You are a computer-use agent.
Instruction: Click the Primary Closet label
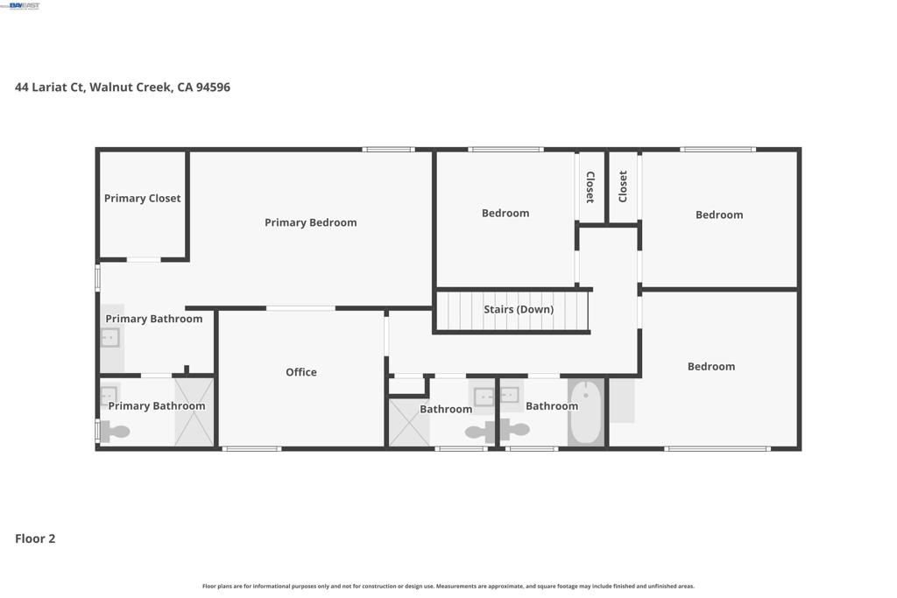pos(142,199)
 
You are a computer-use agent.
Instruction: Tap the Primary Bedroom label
pos(311,223)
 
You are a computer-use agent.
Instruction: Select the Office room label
pos(301,372)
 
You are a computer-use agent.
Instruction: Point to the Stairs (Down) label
pos(519,309)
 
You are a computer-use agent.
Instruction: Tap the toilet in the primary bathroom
pos(115,432)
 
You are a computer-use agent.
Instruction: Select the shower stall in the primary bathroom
pos(194,412)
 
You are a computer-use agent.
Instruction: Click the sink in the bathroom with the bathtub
pos(510,395)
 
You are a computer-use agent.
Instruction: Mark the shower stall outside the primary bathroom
pos(409,423)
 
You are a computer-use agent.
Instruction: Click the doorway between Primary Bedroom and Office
pos(300,309)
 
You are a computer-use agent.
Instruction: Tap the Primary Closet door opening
pos(144,259)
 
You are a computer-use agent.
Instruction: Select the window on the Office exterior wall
pos(251,449)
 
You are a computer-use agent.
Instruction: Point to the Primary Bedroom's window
pos(389,150)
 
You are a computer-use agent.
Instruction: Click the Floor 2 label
pos(35,538)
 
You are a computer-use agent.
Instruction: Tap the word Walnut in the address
pos(111,87)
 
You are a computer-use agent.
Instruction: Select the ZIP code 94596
pos(213,87)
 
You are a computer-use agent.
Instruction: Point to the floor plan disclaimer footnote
pos(448,586)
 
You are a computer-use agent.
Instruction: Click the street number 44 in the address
pos(22,87)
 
